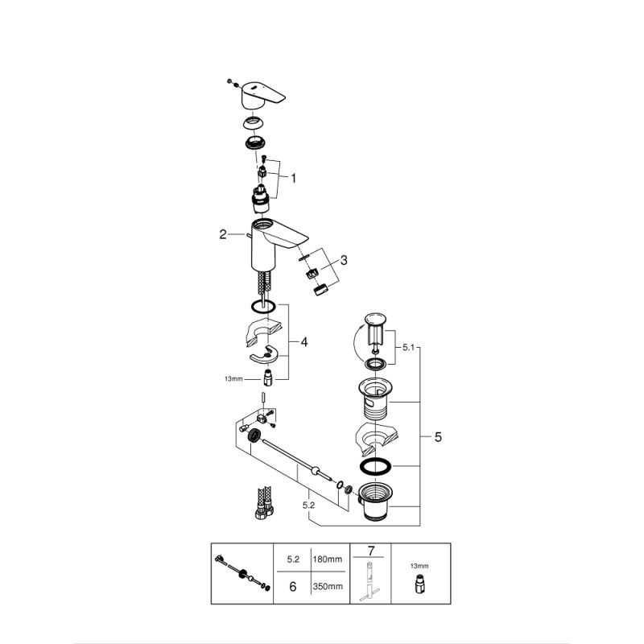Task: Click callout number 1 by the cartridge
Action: [x=294, y=178]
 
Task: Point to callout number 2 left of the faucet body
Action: [x=223, y=235]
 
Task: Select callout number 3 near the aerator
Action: [x=344, y=260]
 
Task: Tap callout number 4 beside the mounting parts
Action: [x=304, y=342]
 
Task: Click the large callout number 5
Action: [x=438, y=437]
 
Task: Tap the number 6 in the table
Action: [x=292, y=587]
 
